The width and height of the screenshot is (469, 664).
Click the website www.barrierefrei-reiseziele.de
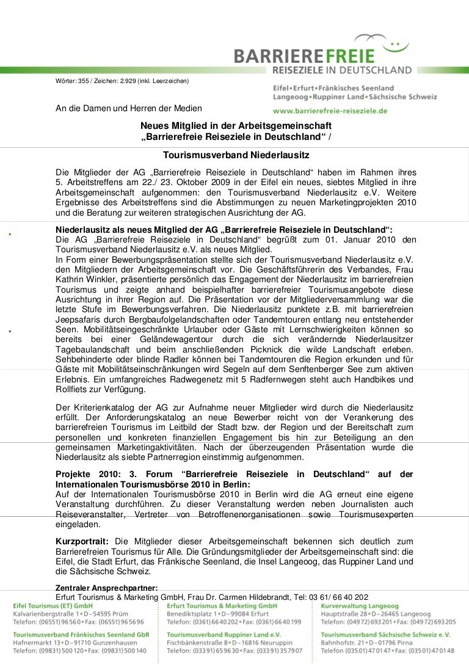pyautogui.click(x=330, y=111)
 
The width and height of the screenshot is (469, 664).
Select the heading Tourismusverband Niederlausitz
pyautogui.click(x=236, y=156)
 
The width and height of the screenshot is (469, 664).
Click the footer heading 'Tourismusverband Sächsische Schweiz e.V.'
pyautogui.click(x=385, y=635)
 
